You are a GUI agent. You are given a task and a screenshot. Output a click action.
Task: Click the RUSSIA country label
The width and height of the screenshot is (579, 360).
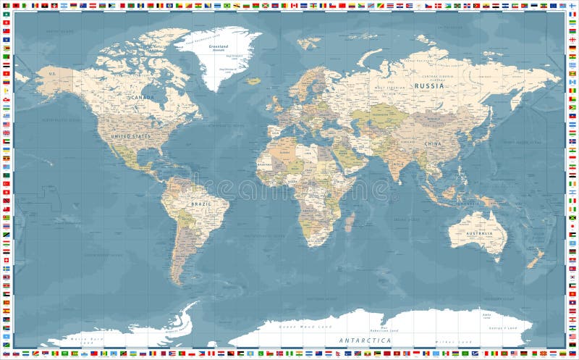tap(429, 85)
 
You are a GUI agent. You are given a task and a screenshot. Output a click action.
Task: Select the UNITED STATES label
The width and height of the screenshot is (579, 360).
tap(130, 135)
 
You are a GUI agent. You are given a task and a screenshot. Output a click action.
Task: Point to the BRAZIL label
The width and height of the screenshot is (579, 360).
tap(200, 204)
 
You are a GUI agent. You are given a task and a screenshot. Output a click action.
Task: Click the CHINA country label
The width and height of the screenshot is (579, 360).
tap(433, 143)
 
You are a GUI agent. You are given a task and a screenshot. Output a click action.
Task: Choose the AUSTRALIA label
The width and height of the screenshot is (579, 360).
tap(478, 233)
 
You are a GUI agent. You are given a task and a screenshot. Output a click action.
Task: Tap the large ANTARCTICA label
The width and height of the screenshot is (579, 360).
tap(365, 340)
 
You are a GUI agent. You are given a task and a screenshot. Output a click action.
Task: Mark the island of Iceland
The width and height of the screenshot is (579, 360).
tap(253, 80)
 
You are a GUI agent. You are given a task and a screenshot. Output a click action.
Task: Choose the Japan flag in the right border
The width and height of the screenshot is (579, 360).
tap(572, 226)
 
